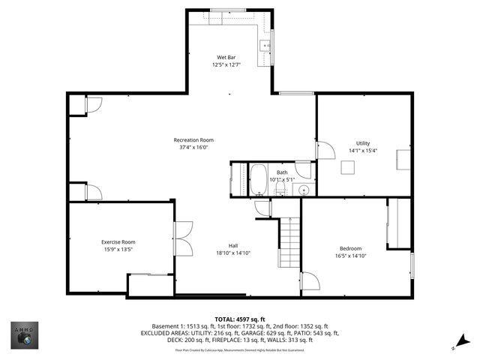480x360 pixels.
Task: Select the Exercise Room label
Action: point(118,241)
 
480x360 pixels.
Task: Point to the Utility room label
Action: point(362,143)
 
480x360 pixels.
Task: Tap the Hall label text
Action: point(233,245)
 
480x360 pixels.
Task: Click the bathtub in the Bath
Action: point(258,179)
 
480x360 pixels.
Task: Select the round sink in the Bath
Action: point(304,190)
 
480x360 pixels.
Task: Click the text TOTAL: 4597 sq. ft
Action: point(240,319)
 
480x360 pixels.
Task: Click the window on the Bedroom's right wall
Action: point(412,265)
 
